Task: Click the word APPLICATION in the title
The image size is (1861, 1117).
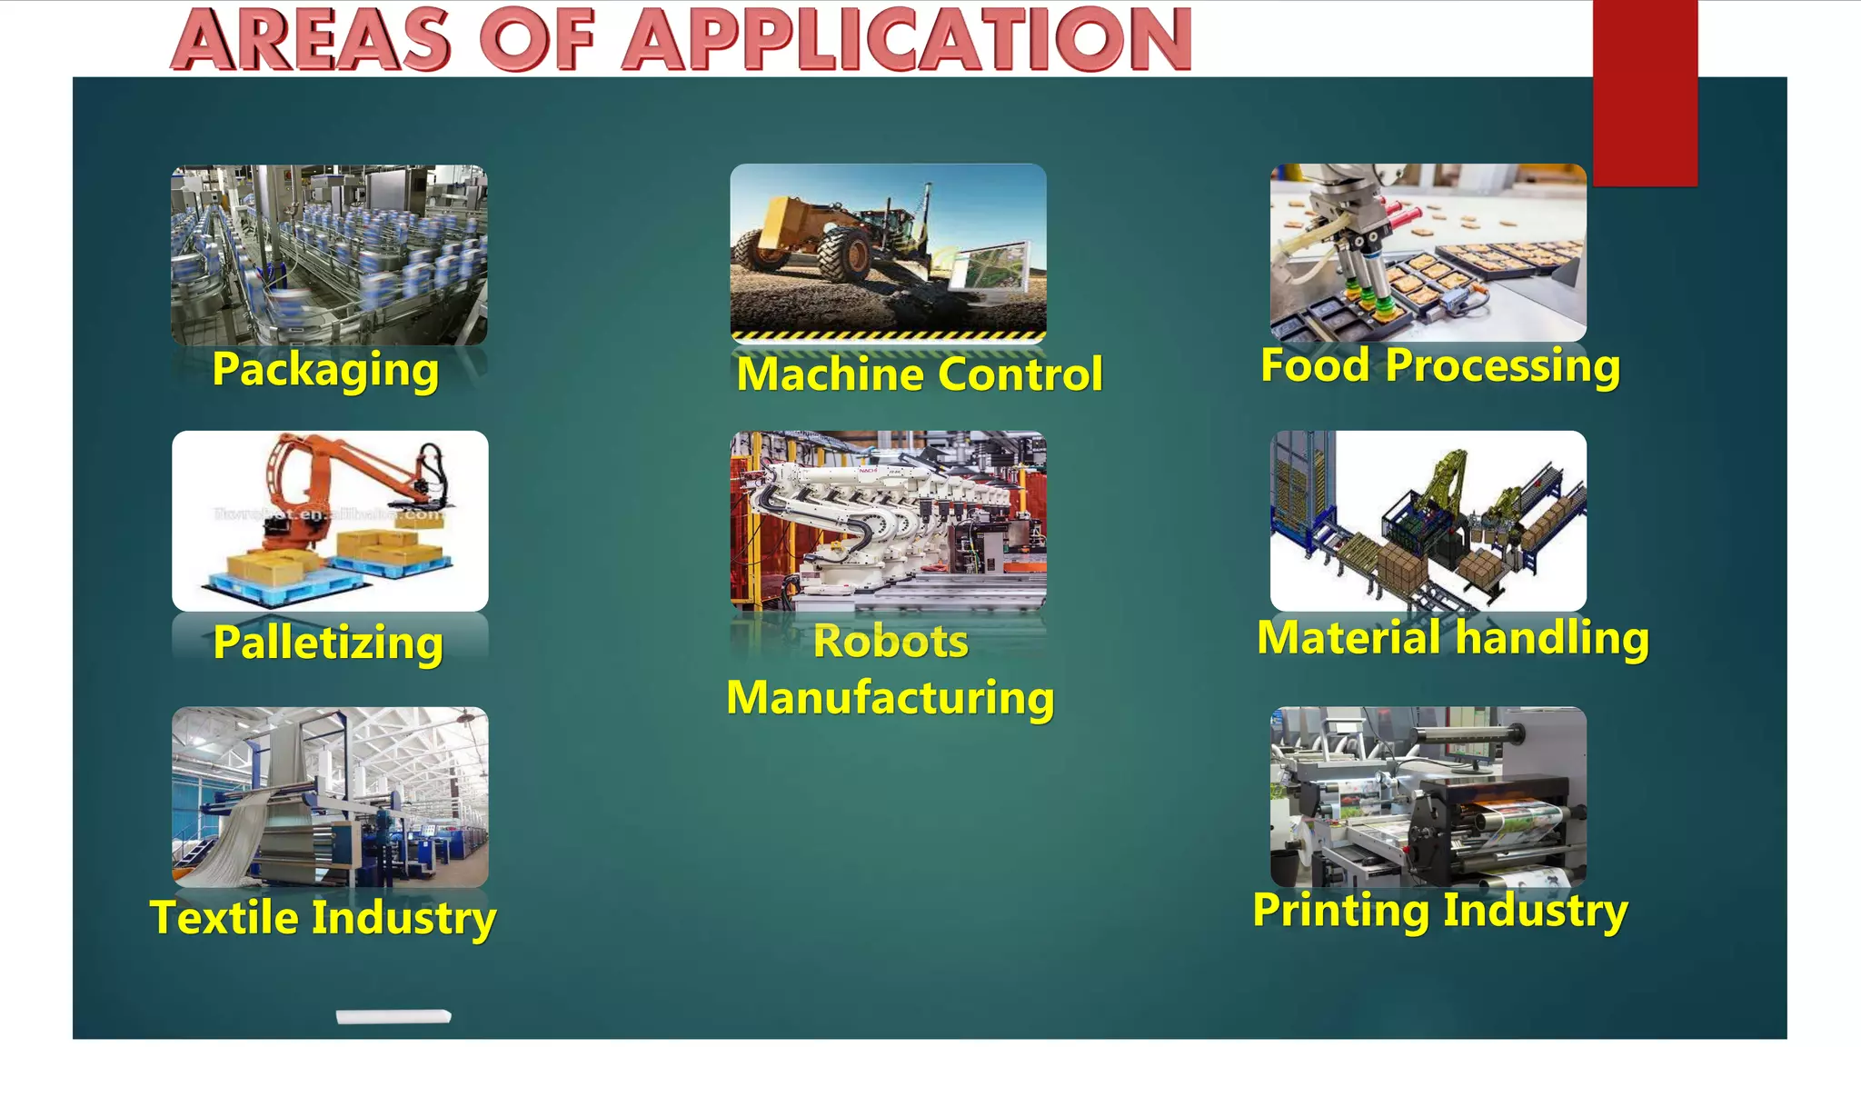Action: tap(907, 40)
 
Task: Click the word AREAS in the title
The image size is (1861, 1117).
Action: tap(311, 40)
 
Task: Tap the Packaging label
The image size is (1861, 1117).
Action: tap(325, 370)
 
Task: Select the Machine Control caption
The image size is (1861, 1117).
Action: tap(920, 374)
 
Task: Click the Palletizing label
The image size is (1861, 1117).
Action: tap(328, 643)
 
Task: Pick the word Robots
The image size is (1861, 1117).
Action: tap(891, 642)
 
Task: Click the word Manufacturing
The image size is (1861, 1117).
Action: tap(891, 698)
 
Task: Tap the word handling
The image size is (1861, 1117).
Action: tap(1552, 637)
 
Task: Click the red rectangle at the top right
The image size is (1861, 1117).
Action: tap(1645, 91)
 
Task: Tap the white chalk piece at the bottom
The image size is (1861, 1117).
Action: tap(393, 1016)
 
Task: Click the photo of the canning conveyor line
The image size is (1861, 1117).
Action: tap(329, 254)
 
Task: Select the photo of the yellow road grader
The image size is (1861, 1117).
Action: tap(888, 250)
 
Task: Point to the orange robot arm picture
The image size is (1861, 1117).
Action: tap(330, 520)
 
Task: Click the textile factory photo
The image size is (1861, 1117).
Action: tap(330, 796)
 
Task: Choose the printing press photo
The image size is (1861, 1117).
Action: tap(1428, 796)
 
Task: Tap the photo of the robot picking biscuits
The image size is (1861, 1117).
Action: tap(1428, 252)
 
